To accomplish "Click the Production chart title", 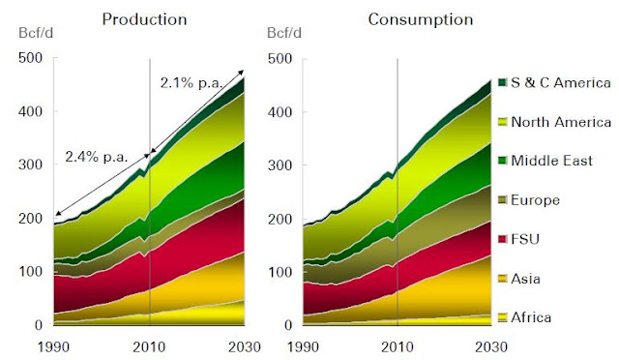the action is coord(144,19).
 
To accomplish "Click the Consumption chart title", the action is coord(421,19).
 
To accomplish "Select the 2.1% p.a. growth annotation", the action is coord(192,83).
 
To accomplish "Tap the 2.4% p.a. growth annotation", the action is coord(97,157).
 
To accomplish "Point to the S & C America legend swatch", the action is coord(503,82).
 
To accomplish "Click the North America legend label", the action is coord(561,122).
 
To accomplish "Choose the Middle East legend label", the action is coord(552,161).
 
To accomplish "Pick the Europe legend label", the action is coord(535,200).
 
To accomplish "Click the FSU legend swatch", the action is coord(503,239).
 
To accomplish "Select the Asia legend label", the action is coord(525,279).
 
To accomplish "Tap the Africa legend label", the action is coord(531,317).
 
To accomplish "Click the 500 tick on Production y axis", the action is coord(30,58).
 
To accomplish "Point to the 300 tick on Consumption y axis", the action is coord(280,165).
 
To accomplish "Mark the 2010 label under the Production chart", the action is coord(149,347).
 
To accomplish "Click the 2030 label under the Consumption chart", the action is coord(491,347).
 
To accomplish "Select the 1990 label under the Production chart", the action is coord(54,347).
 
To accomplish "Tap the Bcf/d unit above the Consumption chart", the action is coord(284,33).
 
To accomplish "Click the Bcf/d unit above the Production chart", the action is coord(36,33).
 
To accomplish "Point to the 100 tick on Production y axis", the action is coord(30,272).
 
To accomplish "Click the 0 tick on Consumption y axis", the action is coord(288,325).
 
